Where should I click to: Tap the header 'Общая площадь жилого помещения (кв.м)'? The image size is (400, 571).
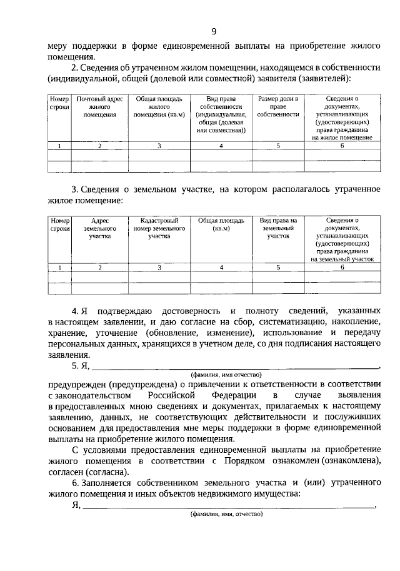(159, 107)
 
